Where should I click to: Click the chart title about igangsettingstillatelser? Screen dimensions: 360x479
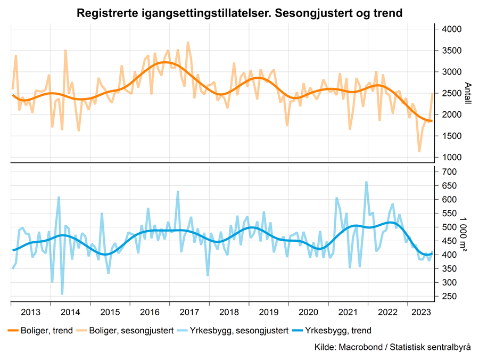tap(239, 12)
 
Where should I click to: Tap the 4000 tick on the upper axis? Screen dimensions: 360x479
tap(450, 29)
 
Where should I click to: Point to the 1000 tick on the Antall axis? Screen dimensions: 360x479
tap(450, 157)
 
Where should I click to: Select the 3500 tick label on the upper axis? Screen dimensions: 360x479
tap(450, 51)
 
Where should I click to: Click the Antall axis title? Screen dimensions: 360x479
tap(468, 93)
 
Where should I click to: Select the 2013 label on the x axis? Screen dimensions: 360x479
tap(31, 312)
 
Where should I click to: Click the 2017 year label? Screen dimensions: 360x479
tap(189, 312)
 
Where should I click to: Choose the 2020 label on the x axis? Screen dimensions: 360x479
tap(309, 312)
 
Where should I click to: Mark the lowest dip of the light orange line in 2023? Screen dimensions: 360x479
tap(419, 152)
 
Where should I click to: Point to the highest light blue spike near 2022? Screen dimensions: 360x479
tap(366, 182)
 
